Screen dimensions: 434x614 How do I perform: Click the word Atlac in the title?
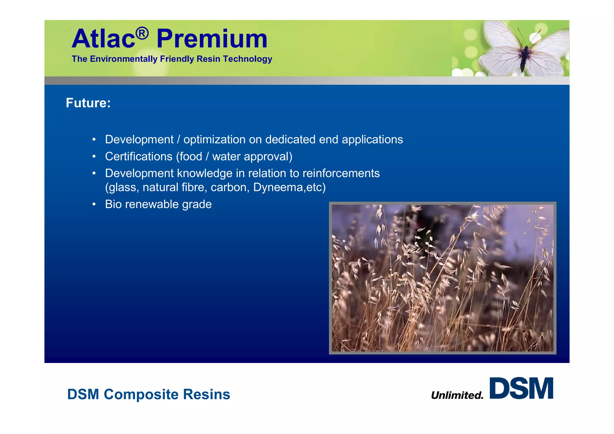[x=103, y=39]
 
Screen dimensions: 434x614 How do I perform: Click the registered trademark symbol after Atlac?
[x=142, y=33]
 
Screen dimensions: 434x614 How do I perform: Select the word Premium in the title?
[x=212, y=39]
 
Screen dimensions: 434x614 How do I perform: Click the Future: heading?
[x=88, y=103]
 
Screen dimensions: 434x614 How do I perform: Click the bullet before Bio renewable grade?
[x=94, y=204]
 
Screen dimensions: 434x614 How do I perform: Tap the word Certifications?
[x=139, y=156]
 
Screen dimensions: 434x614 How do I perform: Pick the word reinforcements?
[x=341, y=173]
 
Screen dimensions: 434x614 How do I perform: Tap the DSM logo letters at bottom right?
[x=521, y=388]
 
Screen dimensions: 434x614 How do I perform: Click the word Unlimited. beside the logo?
[x=457, y=395]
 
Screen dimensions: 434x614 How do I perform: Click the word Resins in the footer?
[x=207, y=394]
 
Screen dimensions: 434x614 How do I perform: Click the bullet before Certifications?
[x=94, y=156]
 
